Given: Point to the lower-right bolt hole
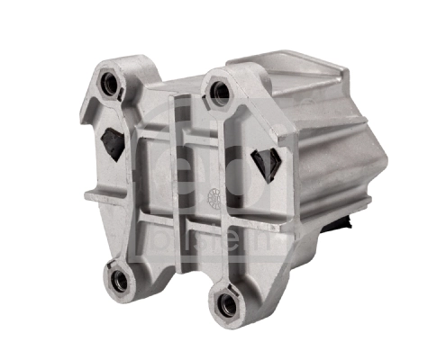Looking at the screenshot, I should point(226,304).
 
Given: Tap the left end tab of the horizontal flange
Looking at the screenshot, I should point(90,194).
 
